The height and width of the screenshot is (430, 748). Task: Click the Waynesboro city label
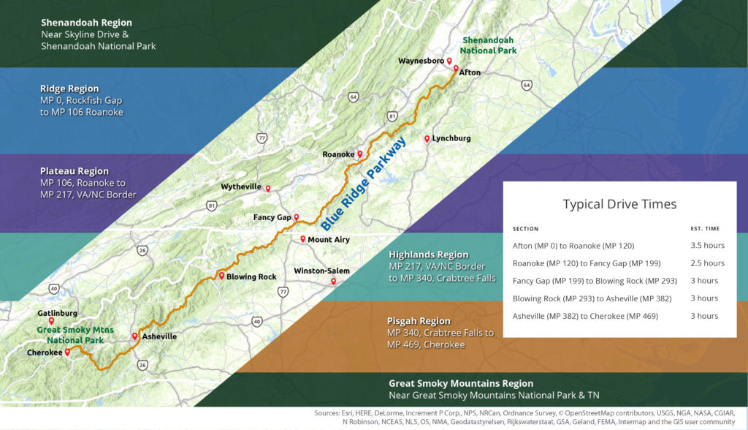420,61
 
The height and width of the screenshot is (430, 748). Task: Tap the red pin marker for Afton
456,69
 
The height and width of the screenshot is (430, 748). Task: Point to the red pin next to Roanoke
360,154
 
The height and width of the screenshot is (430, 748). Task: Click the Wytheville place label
241,187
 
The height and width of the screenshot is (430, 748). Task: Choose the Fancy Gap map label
272,217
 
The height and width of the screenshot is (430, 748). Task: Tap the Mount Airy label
329,240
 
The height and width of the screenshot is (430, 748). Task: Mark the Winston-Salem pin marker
334,281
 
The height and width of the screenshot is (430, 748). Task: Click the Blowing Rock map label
251,277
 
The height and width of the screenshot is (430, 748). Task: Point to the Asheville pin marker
134,336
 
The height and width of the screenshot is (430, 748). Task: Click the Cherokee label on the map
44,352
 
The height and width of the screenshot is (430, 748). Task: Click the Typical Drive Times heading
619,204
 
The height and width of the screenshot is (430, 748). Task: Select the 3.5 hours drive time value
707,246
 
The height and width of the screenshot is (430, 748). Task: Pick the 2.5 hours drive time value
707,263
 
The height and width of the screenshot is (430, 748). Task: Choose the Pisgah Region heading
419,321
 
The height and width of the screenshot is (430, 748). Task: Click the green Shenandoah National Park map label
488,45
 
